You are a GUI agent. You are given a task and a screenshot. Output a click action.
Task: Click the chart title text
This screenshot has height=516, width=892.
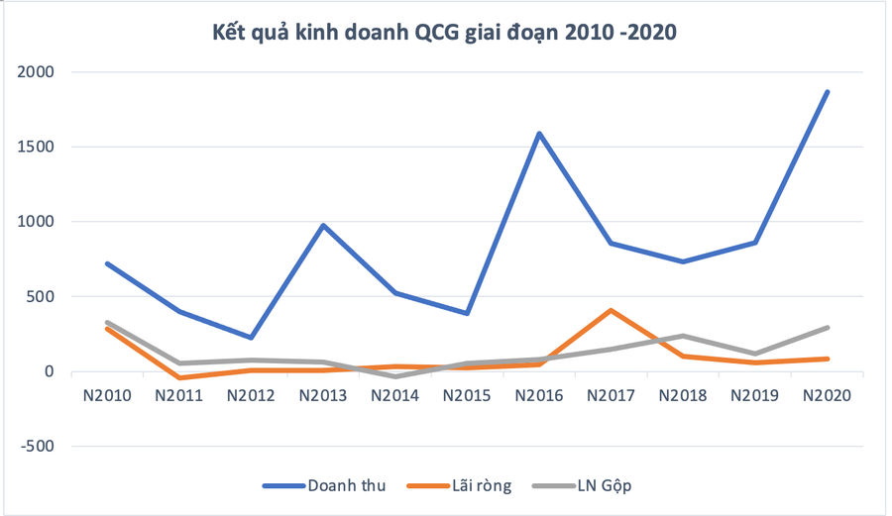(445, 33)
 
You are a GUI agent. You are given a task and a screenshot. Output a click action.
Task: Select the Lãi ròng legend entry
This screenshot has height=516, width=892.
(465, 485)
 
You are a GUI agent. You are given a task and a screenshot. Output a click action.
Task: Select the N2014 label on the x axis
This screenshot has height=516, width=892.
(395, 394)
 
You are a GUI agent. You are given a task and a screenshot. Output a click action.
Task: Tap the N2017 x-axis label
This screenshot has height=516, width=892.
(612, 394)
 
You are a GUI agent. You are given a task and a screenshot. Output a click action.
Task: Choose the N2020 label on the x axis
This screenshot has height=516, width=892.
(828, 394)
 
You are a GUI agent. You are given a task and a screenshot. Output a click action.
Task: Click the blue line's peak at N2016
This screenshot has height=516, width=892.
(539, 133)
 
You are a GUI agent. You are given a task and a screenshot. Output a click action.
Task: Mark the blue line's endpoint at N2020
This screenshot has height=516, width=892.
(828, 92)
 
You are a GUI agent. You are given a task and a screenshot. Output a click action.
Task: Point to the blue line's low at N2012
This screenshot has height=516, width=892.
(251, 338)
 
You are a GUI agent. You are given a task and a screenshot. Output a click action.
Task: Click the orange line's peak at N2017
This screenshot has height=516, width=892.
(612, 310)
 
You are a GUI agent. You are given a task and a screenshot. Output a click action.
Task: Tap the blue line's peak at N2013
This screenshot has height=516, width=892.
(323, 225)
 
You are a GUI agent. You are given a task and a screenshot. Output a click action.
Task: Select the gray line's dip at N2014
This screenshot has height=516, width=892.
(395, 376)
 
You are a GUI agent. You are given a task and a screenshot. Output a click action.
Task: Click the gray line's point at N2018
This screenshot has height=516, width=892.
(684, 336)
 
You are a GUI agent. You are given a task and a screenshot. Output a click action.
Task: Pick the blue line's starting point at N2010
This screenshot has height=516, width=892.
(107, 263)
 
